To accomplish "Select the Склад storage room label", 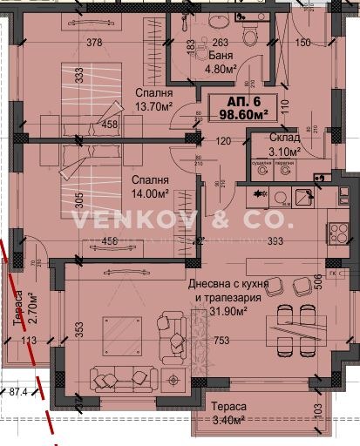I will [x=285, y=138].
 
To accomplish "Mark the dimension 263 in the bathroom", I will [x=220, y=42].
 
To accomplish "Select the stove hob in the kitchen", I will [x=336, y=233].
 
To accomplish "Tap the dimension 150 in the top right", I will [x=302, y=42].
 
